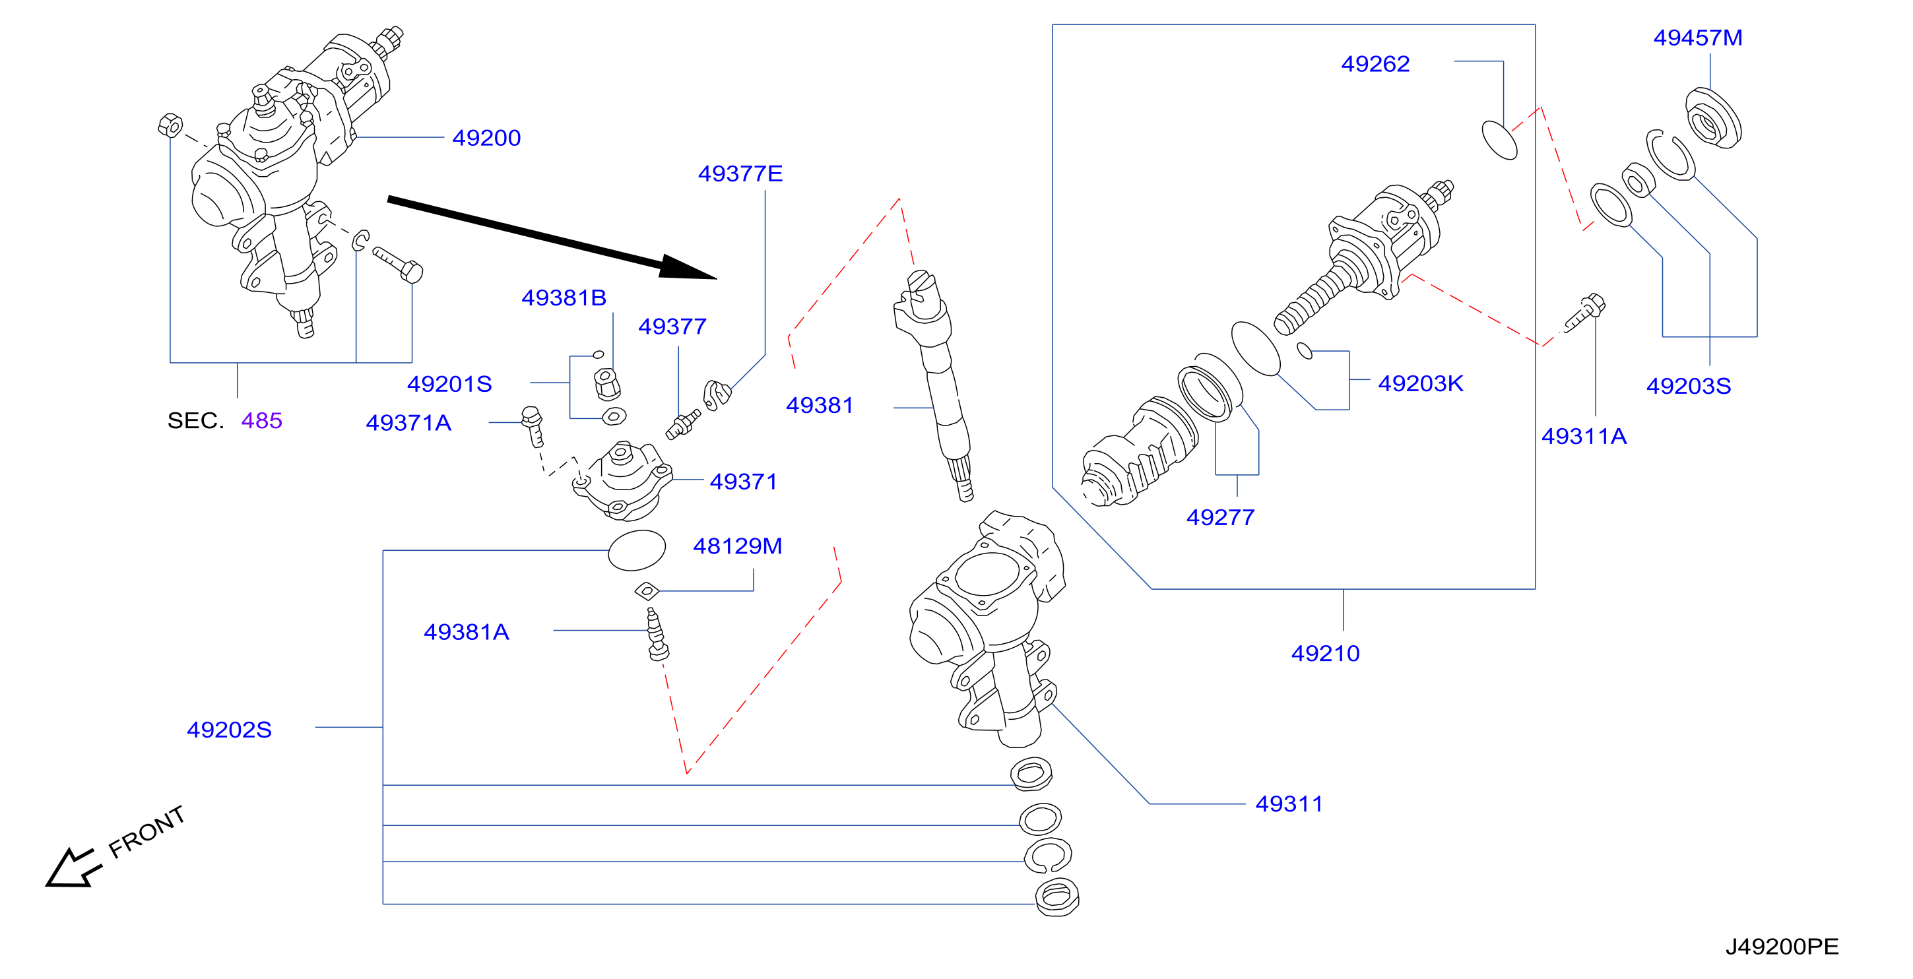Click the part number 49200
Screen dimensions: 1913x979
point(486,138)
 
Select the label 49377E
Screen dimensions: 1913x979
point(740,174)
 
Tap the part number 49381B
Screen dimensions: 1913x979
point(564,298)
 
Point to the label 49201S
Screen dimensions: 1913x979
point(449,384)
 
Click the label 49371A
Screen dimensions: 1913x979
point(408,422)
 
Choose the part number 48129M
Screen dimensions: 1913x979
point(738,546)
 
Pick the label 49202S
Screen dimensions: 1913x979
point(229,730)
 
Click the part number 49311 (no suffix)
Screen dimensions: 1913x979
point(1289,804)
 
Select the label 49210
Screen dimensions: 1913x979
point(1326,653)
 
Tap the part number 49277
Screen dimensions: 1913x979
point(1220,517)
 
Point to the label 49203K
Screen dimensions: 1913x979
point(1421,383)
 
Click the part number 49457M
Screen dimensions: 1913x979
point(1698,38)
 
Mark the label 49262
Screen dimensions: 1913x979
point(1375,64)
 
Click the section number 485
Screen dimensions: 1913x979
point(261,421)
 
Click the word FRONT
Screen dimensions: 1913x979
point(146,832)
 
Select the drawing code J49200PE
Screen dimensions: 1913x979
point(1782,946)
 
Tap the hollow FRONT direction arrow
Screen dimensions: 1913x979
point(72,867)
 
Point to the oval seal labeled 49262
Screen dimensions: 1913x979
point(1499,140)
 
